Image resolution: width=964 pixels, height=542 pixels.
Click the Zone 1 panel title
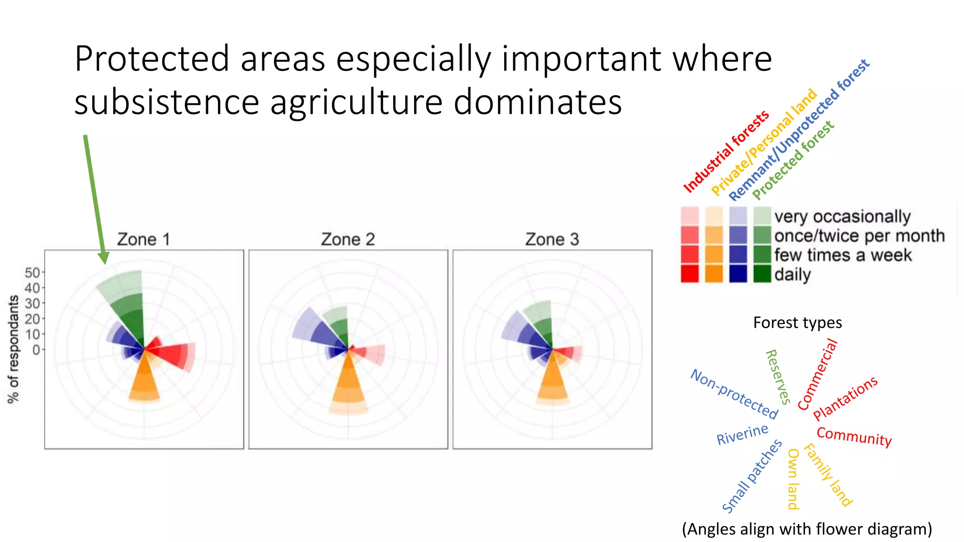click(x=143, y=239)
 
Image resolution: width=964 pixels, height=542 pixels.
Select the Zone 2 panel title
click(x=348, y=239)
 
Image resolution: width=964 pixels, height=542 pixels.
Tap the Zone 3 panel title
click(x=552, y=239)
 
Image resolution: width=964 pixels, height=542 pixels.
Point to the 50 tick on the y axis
click(x=32, y=272)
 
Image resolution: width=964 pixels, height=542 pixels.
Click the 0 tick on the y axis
click(x=36, y=350)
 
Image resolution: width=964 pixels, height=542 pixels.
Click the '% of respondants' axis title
click(x=14, y=349)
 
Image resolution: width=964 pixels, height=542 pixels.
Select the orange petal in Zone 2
click(x=348, y=386)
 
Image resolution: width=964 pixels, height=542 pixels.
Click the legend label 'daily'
click(x=793, y=274)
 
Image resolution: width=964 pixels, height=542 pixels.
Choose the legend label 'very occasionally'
click(x=842, y=216)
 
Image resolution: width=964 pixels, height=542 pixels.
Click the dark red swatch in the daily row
click(x=690, y=274)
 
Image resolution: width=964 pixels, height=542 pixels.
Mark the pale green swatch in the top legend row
click(x=762, y=216)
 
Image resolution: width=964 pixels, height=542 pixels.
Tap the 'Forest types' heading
click(x=797, y=323)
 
